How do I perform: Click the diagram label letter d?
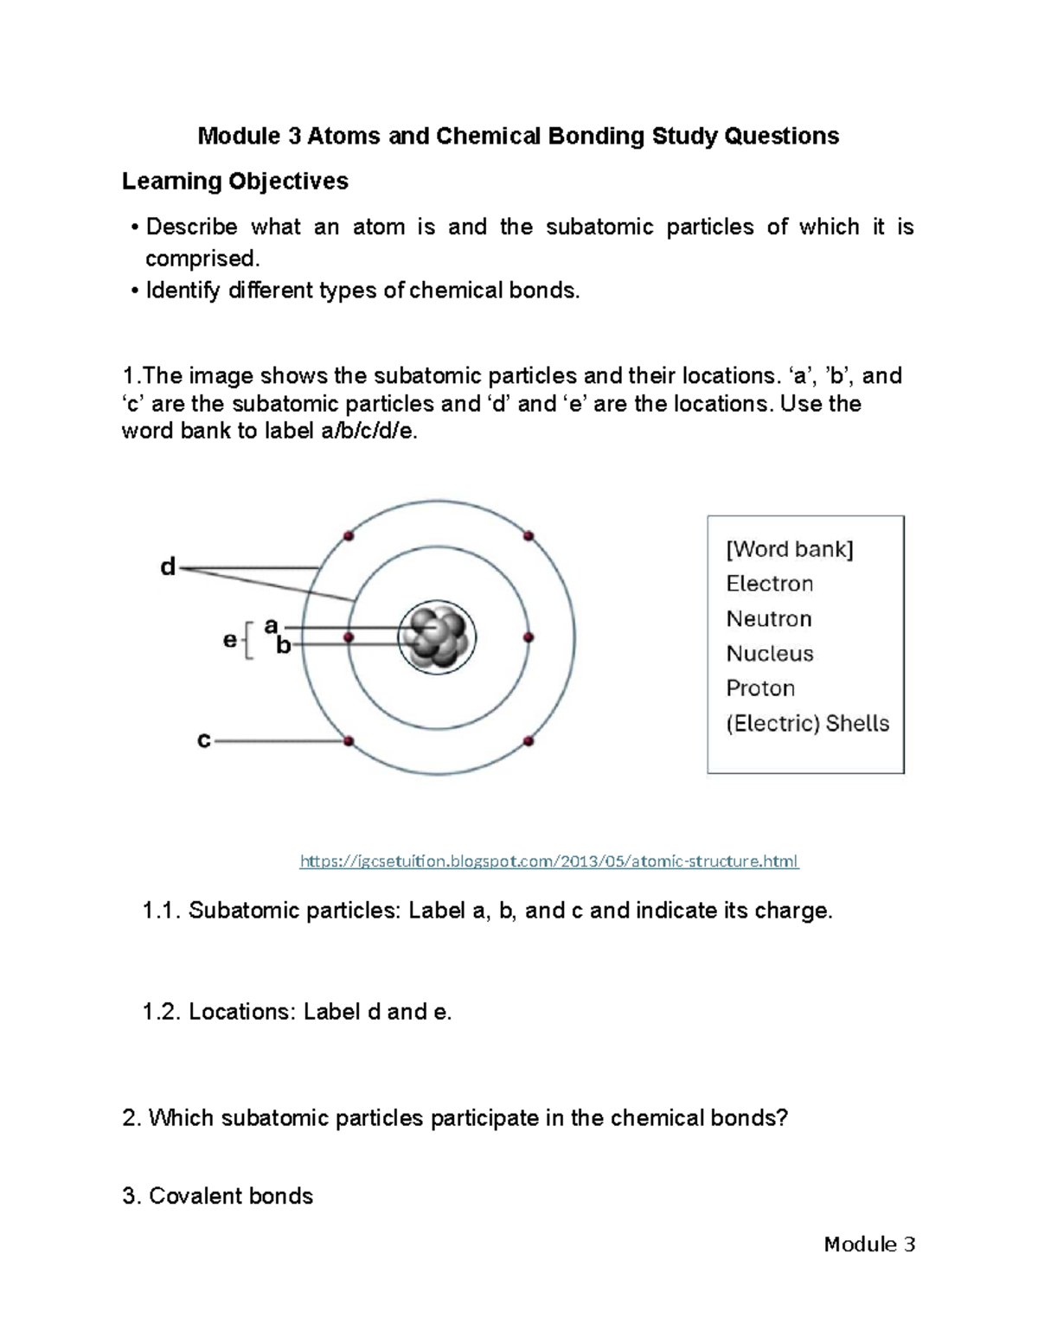168,567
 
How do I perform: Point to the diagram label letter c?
204,740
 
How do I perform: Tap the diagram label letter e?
230,641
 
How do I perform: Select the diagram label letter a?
271,625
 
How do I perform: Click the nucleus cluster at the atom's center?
438,638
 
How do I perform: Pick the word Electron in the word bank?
769,584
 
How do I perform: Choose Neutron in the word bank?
768,619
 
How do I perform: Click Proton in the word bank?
759,688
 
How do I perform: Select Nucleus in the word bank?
769,654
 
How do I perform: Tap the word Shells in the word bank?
856,723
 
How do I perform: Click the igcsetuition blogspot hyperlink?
548,861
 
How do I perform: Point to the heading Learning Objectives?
234,181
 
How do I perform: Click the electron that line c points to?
349,741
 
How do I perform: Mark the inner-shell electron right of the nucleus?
529,638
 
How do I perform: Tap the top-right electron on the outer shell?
529,536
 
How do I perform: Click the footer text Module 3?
868,1244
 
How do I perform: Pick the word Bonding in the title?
593,137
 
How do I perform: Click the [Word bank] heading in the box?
789,550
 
